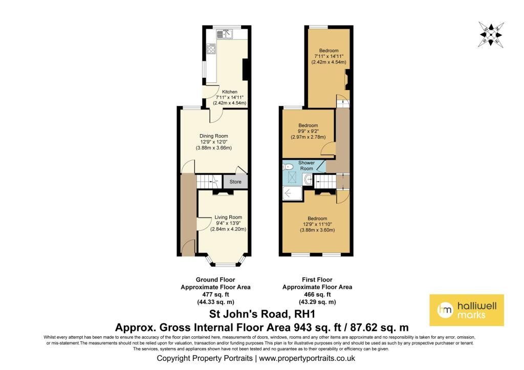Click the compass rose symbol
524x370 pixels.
click(491, 34)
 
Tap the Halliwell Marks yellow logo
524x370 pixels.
click(467, 310)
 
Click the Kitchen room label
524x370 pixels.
click(230, 92)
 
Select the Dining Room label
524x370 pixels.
click(213, 136)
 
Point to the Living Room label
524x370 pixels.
click(228, 217)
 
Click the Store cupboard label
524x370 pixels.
click(235, 182)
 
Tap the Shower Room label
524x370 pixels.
click(307, 165)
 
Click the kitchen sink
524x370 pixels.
click(224, 33)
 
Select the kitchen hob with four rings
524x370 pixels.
click(211, 49)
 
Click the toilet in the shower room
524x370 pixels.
click(288, 167)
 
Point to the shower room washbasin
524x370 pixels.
click(309, 180)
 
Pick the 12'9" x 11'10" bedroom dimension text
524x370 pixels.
click(317, 224)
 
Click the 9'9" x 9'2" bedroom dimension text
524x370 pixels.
click(308, 132)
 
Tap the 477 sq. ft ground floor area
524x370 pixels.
click(215, 294)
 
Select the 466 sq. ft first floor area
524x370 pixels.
click(317, 294)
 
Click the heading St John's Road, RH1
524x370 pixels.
click(262, 314)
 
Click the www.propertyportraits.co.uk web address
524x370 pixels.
click(307, 358)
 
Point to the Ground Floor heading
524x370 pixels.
click(215, 280)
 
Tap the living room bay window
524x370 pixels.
click(226, 261)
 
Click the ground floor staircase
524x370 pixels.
click(208, 182)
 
